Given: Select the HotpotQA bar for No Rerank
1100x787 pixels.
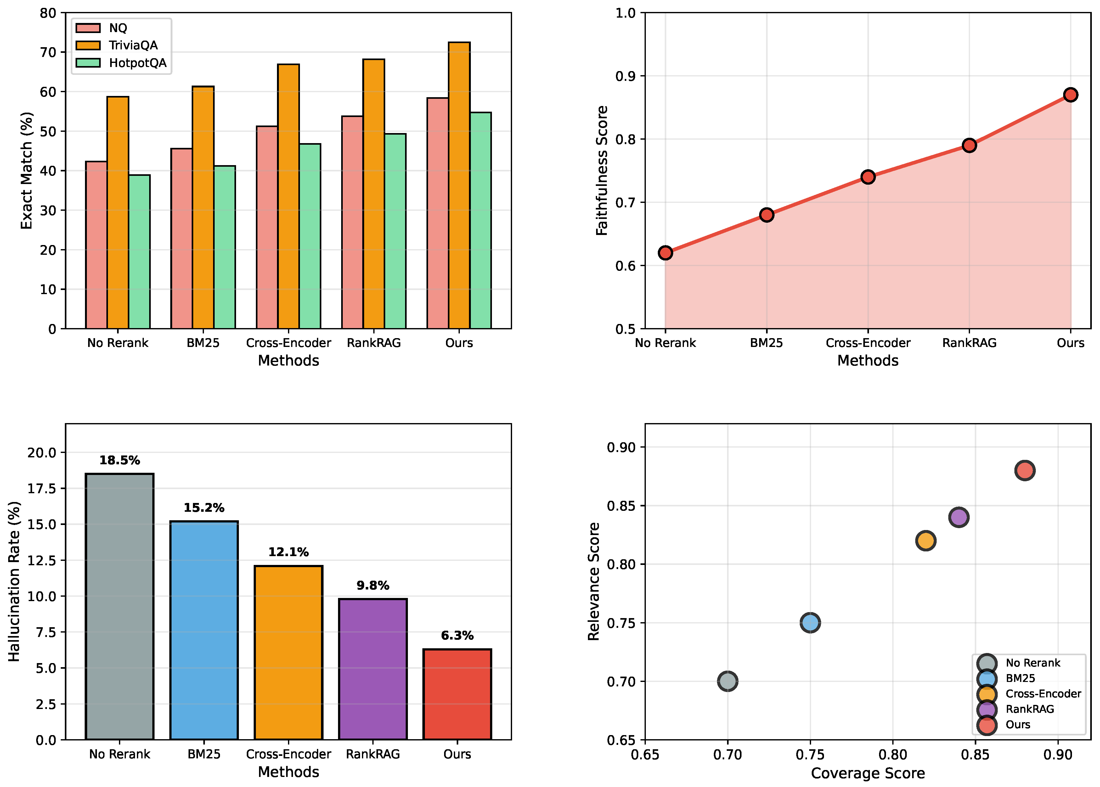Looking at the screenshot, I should pyautogui.click(x=139, y=252).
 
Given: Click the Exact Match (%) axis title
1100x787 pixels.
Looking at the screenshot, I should pyautogui.click(x=27, y=170).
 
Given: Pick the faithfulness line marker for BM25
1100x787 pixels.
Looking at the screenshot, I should pyautogui.click(x=766, y=215).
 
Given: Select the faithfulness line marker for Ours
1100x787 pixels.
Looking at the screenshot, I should pyautogui.click(x=1070, y=94).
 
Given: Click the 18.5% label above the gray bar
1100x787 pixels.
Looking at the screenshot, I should pyautogui.click(x=119, y=460).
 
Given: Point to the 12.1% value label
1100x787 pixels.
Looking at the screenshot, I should pyautogui.click(x=288, y=552).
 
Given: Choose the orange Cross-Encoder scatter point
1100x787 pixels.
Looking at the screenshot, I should pyautogui.click(x=925, y=541).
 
